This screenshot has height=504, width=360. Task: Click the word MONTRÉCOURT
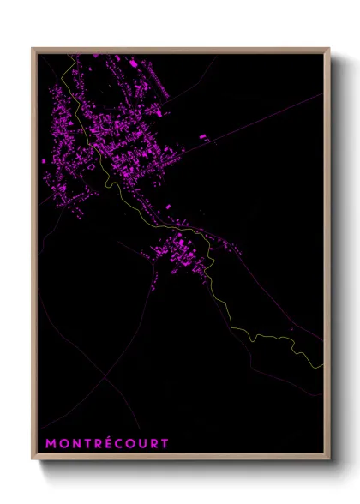click(x=107, y=443)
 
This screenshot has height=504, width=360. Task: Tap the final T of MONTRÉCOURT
click(x=165, y=443)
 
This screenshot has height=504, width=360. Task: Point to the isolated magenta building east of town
click(x=203, y=136)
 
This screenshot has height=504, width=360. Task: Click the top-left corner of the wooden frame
click(x=33, y=49)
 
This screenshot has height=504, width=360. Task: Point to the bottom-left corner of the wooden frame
click(x=33, y=459)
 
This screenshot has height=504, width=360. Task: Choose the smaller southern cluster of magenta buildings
click(x=180, y=253)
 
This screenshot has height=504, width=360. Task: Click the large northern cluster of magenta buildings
click(x=111, y=129)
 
